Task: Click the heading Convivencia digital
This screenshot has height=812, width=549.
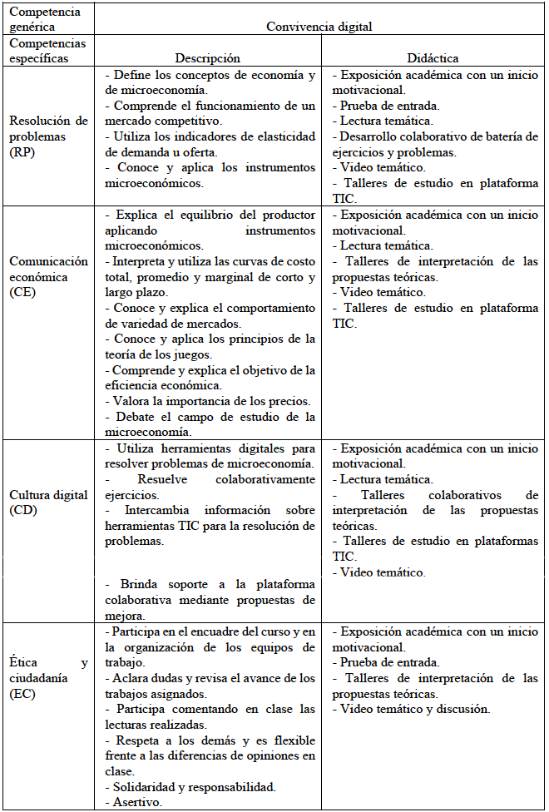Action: click(x=319, y=26)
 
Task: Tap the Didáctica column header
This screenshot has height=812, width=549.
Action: click(x=433, y=58)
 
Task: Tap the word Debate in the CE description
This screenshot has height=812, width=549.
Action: click(x=135, y=416)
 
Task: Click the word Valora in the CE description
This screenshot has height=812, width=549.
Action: click(x=132, y=401)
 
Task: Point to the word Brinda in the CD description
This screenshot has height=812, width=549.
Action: click(x=137, y=585)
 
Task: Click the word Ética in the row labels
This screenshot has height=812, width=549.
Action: click(x=24, y=663)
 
